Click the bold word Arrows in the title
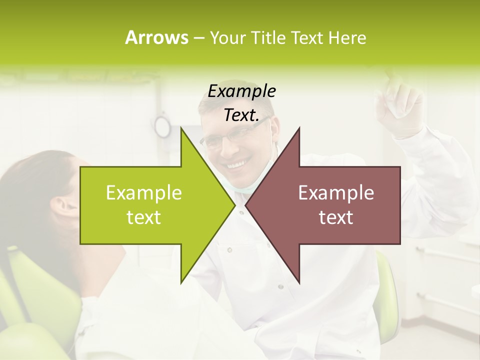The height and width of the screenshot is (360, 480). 156,37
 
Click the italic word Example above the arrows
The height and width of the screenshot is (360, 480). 241,91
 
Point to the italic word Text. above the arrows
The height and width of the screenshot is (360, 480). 241,115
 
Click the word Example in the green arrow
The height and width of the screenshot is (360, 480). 144,193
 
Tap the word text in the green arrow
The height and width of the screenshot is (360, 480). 144,217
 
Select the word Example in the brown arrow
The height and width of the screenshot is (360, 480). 336,193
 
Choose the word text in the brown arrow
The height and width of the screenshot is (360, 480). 336,217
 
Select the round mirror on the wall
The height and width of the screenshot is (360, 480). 162,126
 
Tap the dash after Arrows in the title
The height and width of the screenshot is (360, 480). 198,38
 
